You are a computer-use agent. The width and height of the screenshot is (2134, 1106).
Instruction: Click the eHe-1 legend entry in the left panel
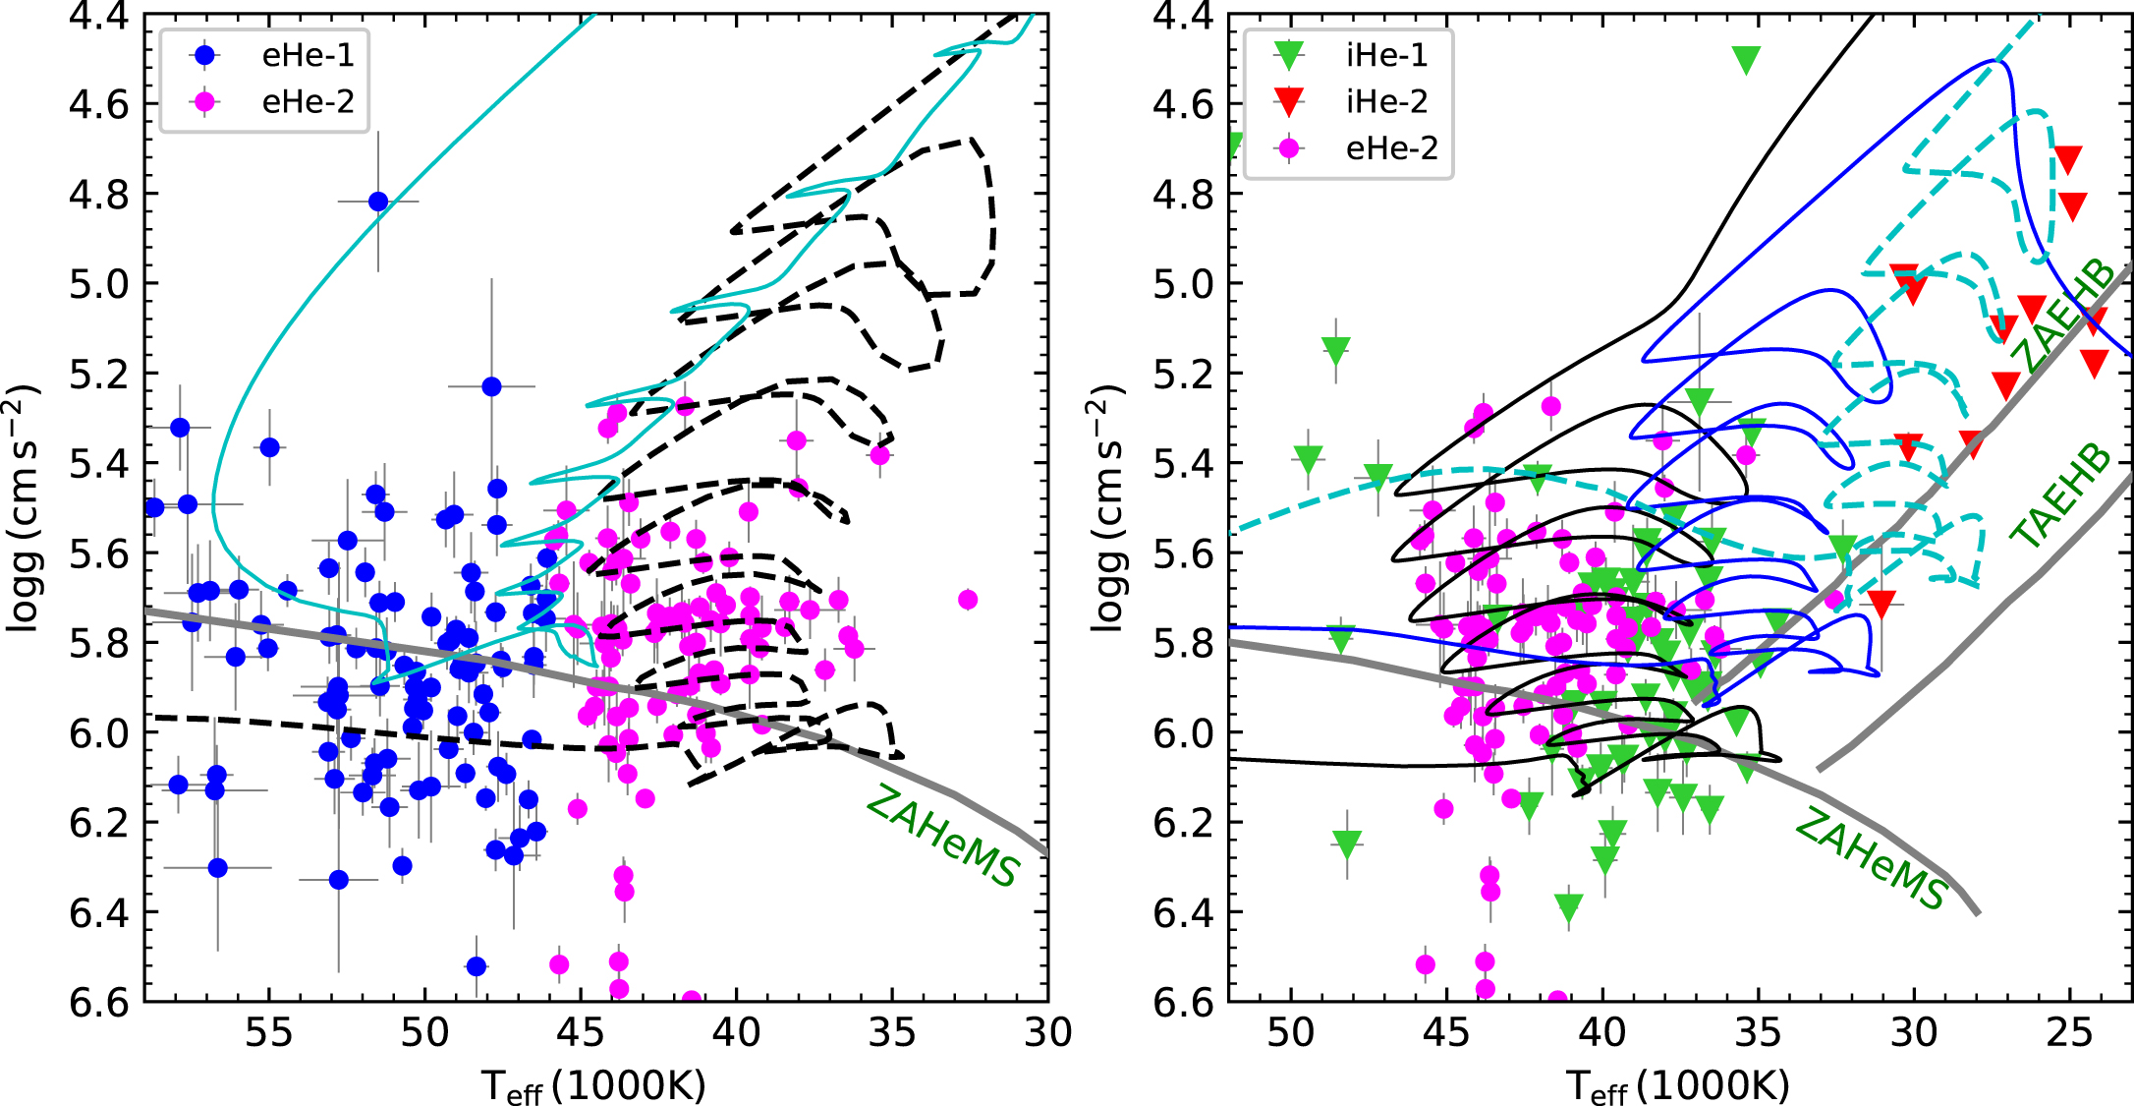click(307, 55)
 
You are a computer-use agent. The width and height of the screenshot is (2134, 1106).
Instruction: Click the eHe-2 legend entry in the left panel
click(307, 101)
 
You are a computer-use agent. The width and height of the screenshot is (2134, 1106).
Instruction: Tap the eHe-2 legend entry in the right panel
click(1390, 148)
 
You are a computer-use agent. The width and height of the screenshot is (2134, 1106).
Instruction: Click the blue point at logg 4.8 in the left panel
click(378, 202)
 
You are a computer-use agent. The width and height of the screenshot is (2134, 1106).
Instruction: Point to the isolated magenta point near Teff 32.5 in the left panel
click(968, 599)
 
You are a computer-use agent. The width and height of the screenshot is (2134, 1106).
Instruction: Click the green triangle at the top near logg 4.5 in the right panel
click(1746, 60)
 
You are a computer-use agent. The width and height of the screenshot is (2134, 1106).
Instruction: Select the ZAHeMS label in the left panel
click(942, 838)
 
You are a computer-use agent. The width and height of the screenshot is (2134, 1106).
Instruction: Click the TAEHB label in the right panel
click(2061, 496)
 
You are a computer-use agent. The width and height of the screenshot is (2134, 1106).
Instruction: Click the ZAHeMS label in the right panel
click(1871, 858)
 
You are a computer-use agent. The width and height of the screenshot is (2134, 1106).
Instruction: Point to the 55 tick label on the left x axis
click(269, 1033)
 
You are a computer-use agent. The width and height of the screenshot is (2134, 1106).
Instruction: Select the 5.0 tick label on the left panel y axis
click(99, 284)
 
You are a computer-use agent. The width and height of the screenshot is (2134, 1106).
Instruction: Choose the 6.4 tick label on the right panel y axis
click(1183, 913)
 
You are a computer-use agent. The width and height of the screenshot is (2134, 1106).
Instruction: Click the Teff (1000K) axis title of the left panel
click(594, 1085)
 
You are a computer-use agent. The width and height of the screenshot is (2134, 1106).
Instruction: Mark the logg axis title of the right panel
click(1108, 507)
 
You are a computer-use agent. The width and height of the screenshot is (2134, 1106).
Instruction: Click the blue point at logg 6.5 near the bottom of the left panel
click(477, 966)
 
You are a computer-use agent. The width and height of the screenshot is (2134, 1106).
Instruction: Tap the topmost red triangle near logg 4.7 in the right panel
click(2068, 159)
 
